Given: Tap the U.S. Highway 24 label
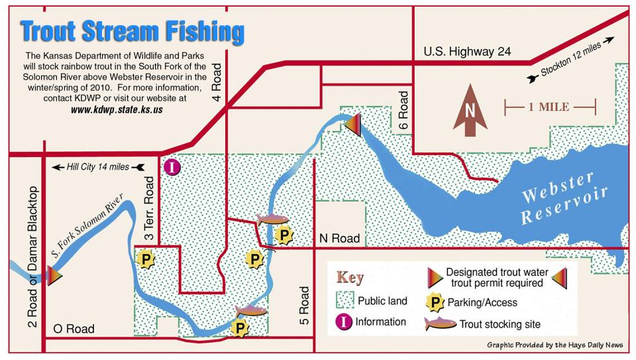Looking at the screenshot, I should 467,52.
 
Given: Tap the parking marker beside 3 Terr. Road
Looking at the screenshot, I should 144,259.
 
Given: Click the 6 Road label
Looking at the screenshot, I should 403,113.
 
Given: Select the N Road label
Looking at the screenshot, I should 339,238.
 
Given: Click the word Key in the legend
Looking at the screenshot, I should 351,277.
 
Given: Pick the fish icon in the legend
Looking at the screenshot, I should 441,324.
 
